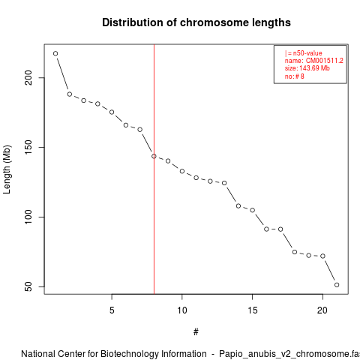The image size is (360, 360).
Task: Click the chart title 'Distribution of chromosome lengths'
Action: [196, 22]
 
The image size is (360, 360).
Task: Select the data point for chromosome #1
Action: [55, 53]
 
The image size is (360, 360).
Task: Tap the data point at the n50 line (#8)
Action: [154, 156]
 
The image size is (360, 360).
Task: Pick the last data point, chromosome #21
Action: [337, 285]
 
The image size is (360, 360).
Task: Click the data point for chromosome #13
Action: [224, 183]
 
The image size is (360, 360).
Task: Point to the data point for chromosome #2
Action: [70, 94]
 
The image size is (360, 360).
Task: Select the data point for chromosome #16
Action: [266, 229]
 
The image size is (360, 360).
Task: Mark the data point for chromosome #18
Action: [295, 252]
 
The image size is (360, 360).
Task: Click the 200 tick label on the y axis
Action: [28, 78]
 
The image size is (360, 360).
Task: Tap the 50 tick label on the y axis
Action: [28, 286]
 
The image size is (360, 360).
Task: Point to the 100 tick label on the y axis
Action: [28, 217]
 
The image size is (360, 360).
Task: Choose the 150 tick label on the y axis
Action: [28, 148]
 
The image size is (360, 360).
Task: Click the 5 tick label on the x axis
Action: [112, 310]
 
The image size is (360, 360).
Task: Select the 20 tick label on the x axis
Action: [322, 310]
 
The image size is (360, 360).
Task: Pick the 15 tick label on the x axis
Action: [253, 310]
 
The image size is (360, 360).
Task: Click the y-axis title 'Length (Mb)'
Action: [7, 169]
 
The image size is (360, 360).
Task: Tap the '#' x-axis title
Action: [196, 332]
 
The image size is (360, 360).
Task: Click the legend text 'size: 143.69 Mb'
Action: [307, 68]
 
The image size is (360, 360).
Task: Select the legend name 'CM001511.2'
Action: [325, 61]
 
